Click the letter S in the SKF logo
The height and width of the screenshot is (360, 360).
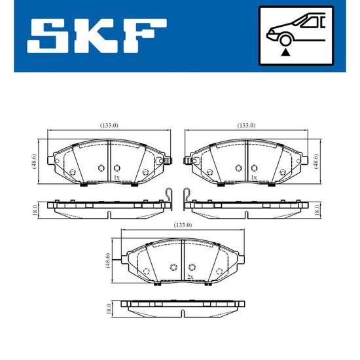tap(47, 35)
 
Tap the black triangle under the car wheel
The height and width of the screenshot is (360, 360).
tap(285, 52)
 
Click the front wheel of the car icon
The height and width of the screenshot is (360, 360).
tap(285, 40)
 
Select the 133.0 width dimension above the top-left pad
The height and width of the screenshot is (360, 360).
tap(109, 126)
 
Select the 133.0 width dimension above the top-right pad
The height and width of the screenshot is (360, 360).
tap(246, 126)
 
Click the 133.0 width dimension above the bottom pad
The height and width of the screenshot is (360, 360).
tap(183, 225)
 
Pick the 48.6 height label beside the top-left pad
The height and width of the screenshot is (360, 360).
tap(34, 162)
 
